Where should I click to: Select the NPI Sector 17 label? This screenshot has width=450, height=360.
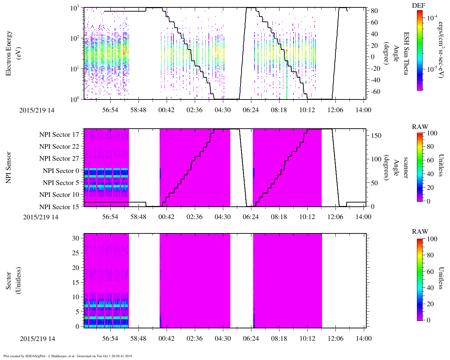click(59, 135)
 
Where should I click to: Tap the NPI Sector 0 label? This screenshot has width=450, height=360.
click(61, 171)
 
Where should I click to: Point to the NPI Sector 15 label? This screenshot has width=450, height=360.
click(59, 207)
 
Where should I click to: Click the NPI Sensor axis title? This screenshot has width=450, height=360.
click(8, 167)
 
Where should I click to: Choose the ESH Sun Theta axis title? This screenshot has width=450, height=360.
click(406, 53)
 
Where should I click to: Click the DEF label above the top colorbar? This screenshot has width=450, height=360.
click(418, 6)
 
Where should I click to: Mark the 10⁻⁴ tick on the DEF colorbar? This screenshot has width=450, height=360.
click(432, 17)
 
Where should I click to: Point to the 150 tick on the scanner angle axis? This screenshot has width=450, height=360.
click(376, 136)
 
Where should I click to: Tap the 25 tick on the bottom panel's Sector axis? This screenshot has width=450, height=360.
click(76, 253)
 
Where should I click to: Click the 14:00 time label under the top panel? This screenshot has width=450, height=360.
click(364, 110)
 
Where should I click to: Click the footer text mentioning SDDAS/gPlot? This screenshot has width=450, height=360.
click(68, 356)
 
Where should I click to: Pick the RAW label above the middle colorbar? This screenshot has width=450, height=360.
click(420, 127)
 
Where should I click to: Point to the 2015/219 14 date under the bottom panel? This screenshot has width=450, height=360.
click(37, 339)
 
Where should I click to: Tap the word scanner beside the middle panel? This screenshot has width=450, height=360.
click(406, 167)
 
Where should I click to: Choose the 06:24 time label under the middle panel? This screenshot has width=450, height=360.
click(251, 217)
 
